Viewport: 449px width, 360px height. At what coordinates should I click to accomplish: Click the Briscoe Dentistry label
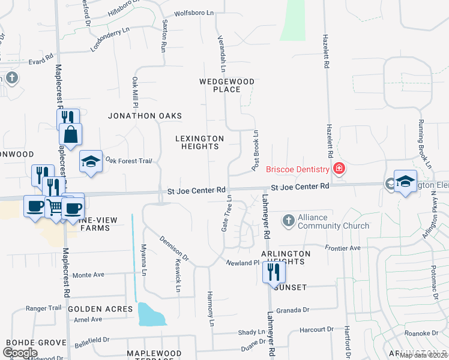tap(298, 169)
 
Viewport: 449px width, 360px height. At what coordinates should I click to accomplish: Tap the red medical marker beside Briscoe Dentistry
tap(340, 169)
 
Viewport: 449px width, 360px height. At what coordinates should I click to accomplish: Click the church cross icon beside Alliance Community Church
tap(289, 221)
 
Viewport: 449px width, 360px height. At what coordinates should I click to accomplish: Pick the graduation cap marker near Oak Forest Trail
tap(91, 161)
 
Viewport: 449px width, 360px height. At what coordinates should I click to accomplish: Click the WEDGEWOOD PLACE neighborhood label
tap(228, 85)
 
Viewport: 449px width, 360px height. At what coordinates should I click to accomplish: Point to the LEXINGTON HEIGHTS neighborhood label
tap(199, 142)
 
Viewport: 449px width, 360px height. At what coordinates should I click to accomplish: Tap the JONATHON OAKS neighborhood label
tap(145, 116)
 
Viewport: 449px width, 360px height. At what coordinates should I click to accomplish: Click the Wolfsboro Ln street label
tap(194, 13)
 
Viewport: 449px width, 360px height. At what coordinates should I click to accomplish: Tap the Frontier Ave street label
tap(342, 248)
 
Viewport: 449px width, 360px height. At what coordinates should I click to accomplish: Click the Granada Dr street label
tap(293, 310)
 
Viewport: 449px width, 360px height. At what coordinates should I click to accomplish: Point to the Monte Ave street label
tap(88, 274)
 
